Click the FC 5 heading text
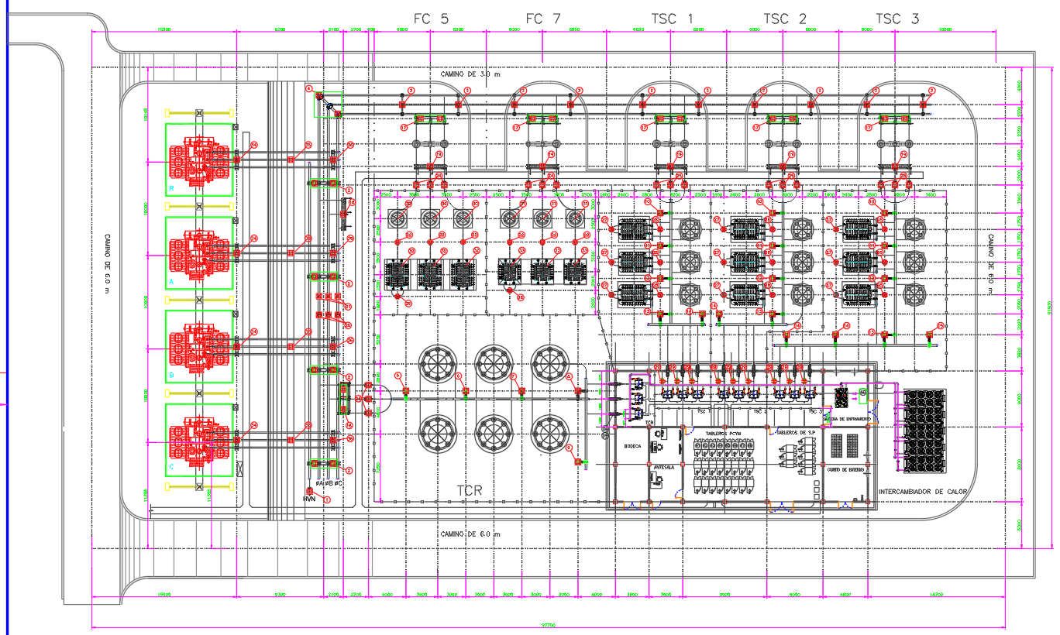click(x=430, y=19)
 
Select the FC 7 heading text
click(x=542, y=19)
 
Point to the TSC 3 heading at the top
click(x=897, y=19)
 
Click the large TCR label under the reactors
click(x=470, y=491)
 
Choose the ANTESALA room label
click(x=664, y=468)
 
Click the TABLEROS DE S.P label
click(x=795, y=432)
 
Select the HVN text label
click(x=308, y=500)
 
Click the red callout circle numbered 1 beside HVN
click(x=326, y=500)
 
